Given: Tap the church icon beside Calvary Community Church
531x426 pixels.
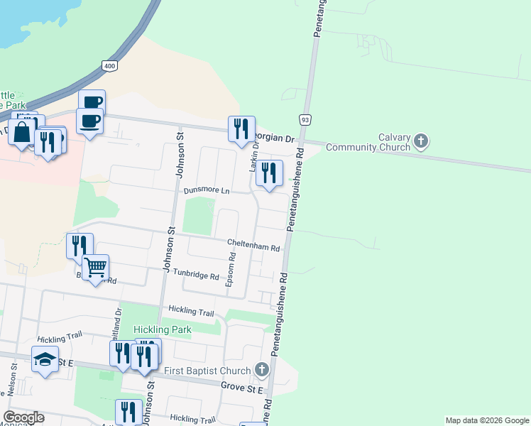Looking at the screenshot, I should [x=421, y=141].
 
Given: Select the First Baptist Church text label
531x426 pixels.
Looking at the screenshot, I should [x=207, y=371].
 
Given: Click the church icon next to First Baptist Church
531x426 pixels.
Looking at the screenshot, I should [x=262, y=370].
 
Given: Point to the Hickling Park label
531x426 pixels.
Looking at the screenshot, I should [x=161, y=329].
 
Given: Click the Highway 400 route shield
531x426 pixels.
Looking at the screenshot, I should [x=109, y=65].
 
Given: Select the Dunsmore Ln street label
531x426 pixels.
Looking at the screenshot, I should [x=207, y=191].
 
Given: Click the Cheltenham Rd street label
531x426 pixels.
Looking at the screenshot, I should [x=253, y=245].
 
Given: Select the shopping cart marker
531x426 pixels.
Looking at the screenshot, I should [x=95, y=268].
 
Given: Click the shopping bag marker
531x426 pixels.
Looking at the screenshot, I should [x=22, y=132].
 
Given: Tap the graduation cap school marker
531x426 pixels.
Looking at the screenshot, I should [x=45, y=359].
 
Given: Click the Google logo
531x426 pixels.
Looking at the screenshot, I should [x=23, y=417].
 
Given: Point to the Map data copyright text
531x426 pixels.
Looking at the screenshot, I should [x=487, y=420].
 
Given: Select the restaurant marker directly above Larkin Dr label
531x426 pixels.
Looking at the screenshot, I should [x=241, y=129].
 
